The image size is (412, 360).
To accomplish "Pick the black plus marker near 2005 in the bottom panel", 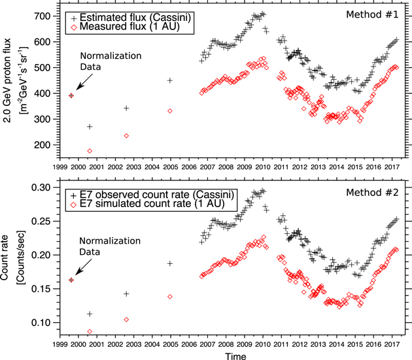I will [x=170, y=263].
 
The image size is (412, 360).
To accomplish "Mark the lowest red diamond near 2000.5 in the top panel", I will [x=90, y=151].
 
